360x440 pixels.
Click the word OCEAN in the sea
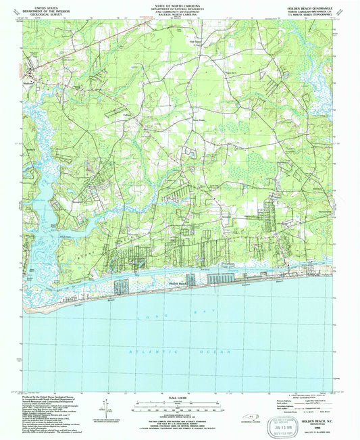pos(220,352)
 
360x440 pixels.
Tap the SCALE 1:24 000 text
pos(180,397)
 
